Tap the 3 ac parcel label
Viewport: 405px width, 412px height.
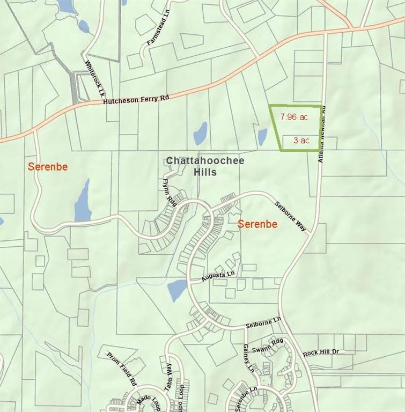click(x=301, y=141)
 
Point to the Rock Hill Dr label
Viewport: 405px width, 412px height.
click(x=321, y=352)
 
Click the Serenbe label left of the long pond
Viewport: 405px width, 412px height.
click(x=48, y=167)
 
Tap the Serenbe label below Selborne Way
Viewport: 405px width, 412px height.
click(x=257, y=224)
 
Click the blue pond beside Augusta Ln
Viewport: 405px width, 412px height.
click(x=177, y=290)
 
